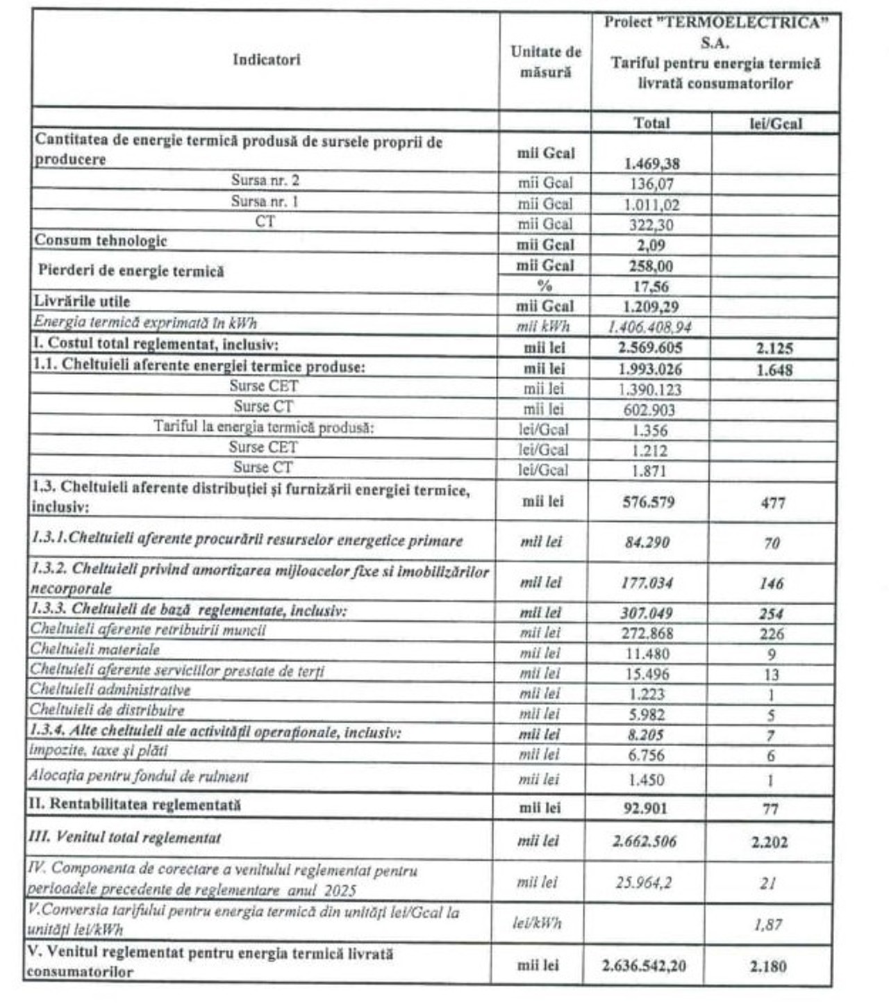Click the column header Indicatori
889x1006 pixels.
click(x=266, y=60)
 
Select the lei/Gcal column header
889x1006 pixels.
click(x=775, y=124)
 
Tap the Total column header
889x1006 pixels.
click(x=651, y=123)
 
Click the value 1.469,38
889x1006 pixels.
click(x=651, y=164)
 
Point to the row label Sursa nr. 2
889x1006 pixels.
click(x=265, y=181)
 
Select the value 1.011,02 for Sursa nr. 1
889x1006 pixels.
click(x=651, y=205)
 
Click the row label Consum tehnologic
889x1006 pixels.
click(x=101, y=241)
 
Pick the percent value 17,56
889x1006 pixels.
click(x=651, y=286)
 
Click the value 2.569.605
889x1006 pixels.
click(x=650, y=348)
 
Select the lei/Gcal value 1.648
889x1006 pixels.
click(x=774, y=370)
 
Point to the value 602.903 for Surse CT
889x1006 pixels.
click(x=649, y=410)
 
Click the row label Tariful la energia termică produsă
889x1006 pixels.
click(x=264, y=427)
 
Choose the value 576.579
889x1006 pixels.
click(x=648, y=502)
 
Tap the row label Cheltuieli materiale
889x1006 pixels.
click(x=95, y=650)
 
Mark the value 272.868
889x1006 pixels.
click(x=647, y=634)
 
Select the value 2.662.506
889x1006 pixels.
click(x=644, y=842)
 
